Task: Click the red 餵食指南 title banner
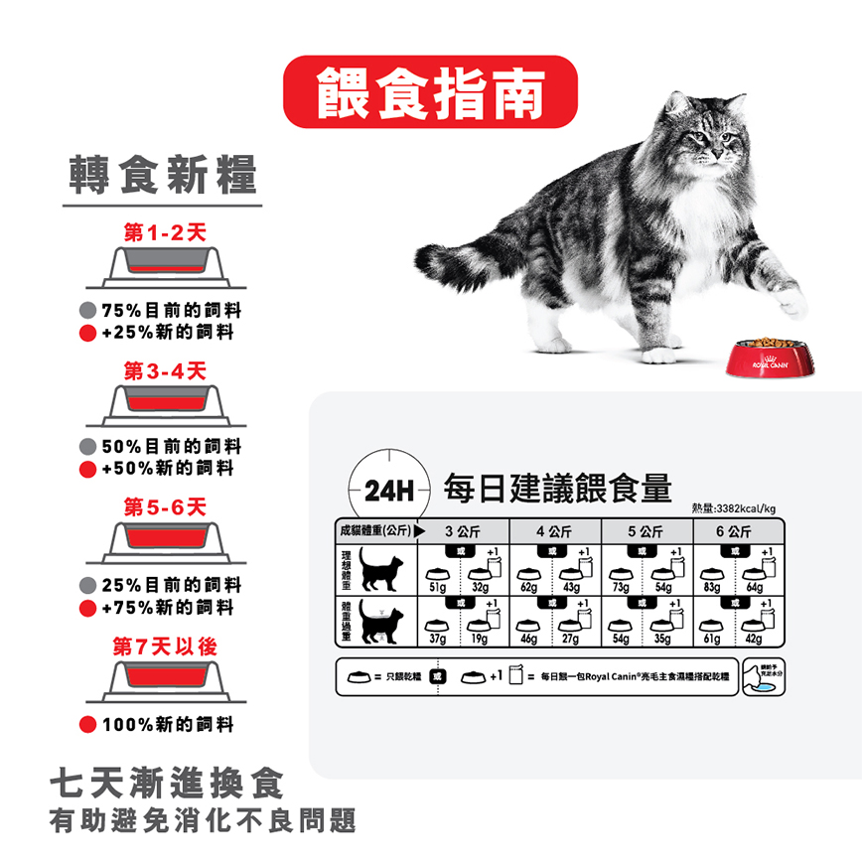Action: [430, 92]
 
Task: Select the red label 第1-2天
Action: [165, 232]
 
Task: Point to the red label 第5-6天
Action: [165, 507]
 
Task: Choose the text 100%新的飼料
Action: [167, 724]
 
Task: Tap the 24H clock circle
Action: [387, 489]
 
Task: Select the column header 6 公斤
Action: [740, 531]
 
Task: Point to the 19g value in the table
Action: [480, 639]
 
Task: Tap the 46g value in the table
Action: [527, 639]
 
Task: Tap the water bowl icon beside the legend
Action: [764, 677]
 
